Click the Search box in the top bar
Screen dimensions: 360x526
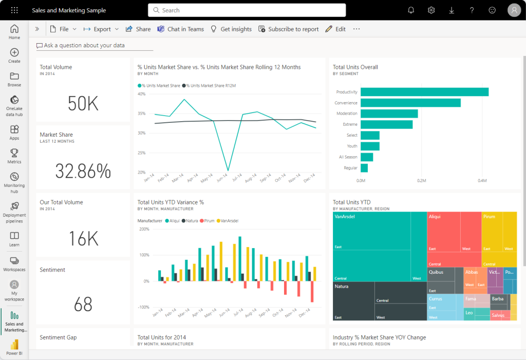point(247,10)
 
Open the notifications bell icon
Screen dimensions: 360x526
point(411,10)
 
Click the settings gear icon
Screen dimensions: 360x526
point(431,10)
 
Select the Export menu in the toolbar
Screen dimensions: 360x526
point(101,29)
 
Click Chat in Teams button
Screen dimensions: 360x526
point(180,29)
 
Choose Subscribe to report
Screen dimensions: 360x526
point(288,29)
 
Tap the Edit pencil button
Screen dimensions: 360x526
point(335,29)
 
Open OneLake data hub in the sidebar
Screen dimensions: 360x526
point(14,106)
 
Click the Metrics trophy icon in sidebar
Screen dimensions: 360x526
point(14,156)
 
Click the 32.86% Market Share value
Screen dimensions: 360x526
point(83,171)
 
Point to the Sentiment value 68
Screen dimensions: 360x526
point(83,305)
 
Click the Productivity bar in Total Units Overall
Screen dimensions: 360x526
point(424,92)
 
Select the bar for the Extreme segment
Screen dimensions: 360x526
point(386,124)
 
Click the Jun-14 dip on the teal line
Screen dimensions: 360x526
point(228,170)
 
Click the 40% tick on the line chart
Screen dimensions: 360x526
point(141,94)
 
